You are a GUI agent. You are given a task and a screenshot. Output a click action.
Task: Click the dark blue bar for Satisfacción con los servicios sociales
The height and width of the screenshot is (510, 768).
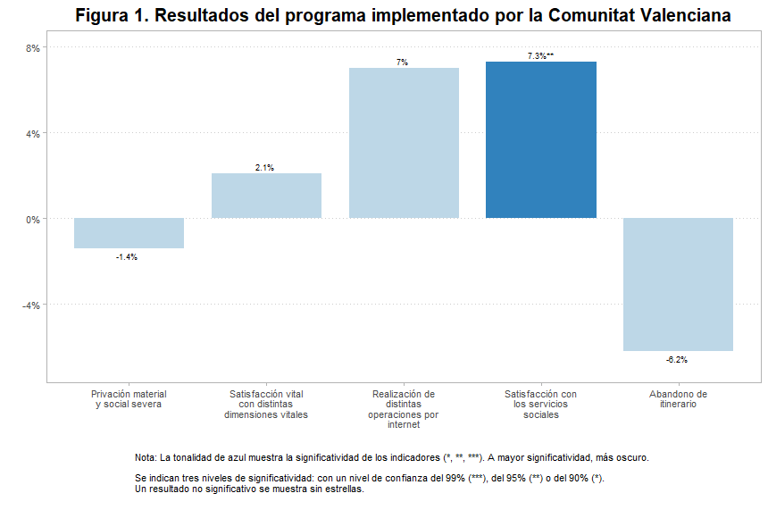tap(541, 140)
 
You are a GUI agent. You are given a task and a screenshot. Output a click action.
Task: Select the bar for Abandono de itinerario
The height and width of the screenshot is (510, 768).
tap(678, 284)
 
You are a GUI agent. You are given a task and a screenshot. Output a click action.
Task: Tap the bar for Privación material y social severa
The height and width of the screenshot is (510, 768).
tap(129, 233)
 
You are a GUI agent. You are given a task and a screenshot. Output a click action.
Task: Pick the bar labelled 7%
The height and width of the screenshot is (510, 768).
tap(404, 143)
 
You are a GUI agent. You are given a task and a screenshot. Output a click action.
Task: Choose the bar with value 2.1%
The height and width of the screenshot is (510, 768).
tap(266, 196)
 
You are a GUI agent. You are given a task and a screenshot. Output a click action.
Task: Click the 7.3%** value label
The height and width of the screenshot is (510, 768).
tap(540, 56)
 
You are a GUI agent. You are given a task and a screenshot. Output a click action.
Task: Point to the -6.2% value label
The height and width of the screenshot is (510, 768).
tap(677, 360)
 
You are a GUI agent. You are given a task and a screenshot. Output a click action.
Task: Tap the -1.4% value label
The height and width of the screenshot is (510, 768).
tap(127, 257)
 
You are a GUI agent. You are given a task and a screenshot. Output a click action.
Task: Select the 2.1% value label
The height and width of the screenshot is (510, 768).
tap(264, 168)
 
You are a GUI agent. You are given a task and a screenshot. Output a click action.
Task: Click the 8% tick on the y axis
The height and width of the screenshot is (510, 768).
tap(32, 48)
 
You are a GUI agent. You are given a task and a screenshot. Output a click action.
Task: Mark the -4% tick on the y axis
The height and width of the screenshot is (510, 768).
tap(30, 305)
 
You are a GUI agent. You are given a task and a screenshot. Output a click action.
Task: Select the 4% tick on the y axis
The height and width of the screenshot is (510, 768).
tap(32, 134)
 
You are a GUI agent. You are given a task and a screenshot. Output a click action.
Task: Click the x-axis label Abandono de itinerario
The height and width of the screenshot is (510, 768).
tap(678, 399)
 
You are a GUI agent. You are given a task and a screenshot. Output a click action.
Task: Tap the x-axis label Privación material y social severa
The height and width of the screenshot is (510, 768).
tap(129, 399)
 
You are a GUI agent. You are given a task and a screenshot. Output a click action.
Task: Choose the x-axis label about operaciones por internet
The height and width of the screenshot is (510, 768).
tap(404, 409)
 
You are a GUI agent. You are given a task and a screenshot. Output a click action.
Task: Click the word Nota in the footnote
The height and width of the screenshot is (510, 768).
tap(145, 457)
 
